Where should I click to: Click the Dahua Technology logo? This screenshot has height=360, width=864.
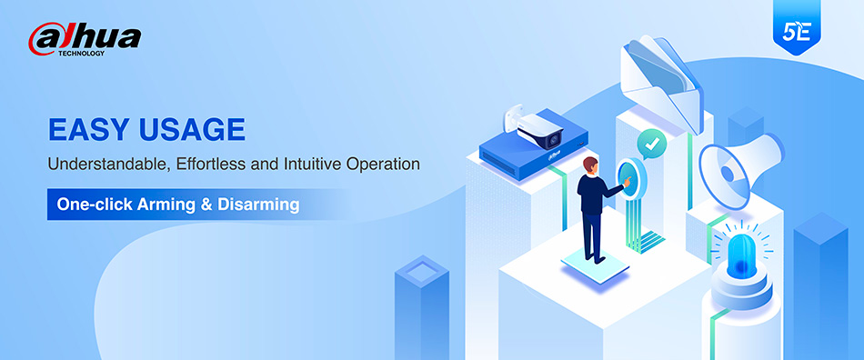[x=85, y=39]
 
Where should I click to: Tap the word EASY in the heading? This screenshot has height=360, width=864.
[x=89, y=130]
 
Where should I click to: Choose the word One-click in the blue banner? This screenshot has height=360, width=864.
[x=94, y=205]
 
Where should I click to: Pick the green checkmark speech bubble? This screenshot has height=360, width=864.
[x=652, y=145]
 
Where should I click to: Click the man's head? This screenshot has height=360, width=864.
[x=590, y=165]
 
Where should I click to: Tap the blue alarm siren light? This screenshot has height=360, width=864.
[x=741, y=256]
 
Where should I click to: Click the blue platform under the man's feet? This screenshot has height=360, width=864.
[x=595, y=265]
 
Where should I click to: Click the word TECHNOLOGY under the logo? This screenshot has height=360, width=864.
[x=81, y=54]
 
